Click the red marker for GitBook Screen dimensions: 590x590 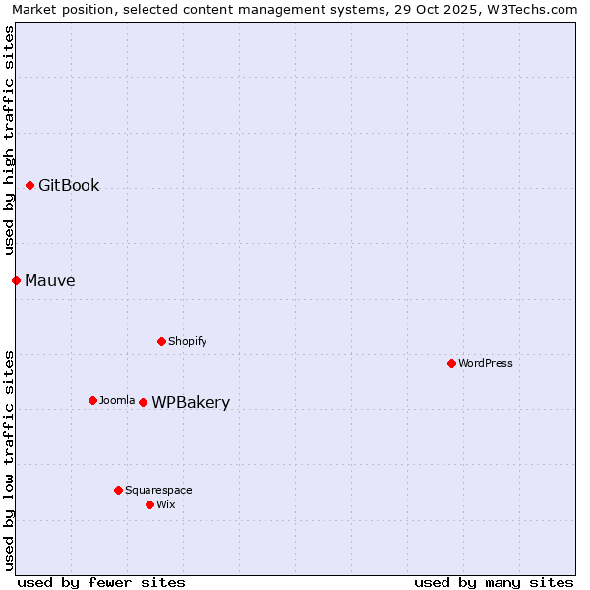pos(30,185)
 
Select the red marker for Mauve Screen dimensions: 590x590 pos(16,280)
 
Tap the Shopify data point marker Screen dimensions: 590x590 pos(161,341)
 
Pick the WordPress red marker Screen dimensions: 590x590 pos(451,363)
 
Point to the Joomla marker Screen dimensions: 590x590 pos(92,400)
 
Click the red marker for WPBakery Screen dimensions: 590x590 pos(143,402)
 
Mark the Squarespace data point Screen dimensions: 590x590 pos(118,490)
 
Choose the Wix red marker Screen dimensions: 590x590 pos(149,504)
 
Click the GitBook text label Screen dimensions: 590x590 pos(69,186)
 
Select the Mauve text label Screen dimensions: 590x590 pos(50,281)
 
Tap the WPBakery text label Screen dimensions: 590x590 pos(191,403)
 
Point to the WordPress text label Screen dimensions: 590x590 pos(486,364)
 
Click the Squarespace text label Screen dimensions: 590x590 pos(158,491)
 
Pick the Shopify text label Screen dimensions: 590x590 pos(187,342)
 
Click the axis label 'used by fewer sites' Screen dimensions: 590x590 pos(101,582)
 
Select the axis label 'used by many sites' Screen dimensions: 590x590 pos(494,582)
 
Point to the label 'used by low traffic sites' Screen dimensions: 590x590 pos(9,459)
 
